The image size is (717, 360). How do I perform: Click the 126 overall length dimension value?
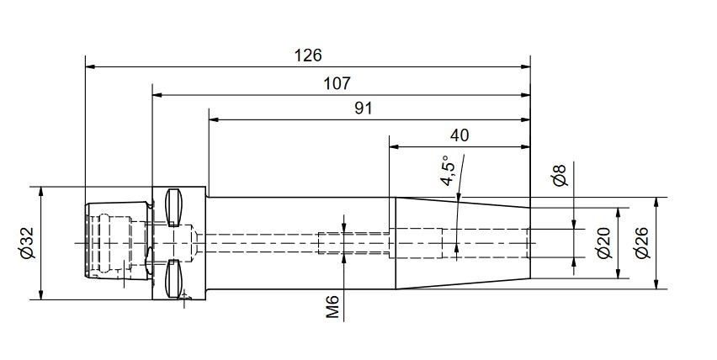(308, 56)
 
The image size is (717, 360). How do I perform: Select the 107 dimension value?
(337, 83)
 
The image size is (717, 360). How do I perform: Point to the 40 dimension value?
(459, 135)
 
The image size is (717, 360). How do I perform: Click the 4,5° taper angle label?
(449, 171)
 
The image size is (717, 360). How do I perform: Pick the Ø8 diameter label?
(560, 175)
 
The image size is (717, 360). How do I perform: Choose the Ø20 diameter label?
(604, 242)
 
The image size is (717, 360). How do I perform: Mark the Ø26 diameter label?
(642, 242)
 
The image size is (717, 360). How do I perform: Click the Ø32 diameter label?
(27, 243)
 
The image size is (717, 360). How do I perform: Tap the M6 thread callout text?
(333, 306)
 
